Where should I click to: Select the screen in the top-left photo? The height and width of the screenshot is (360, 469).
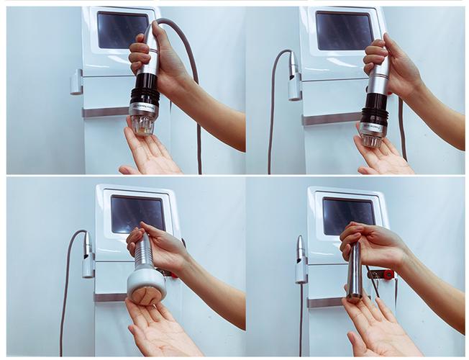coord(122,30)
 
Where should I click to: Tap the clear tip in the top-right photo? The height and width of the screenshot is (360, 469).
coord(371,139)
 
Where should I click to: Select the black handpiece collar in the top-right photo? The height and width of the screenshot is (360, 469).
coord(375,114)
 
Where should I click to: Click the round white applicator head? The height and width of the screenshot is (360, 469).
coord(146,286)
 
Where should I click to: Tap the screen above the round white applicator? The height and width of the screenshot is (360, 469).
coord(137,214)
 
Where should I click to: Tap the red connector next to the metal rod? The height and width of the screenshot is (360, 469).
coord(388,274)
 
